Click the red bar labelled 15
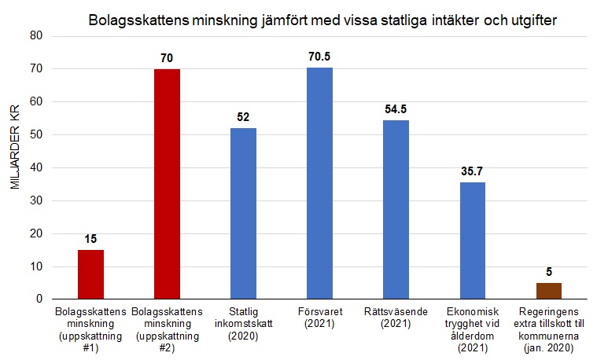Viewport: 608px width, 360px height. (90, 274)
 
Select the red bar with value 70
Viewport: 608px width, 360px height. (167, 184)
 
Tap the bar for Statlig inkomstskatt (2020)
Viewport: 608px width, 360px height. (243, 214)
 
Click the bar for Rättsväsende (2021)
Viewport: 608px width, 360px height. (396, 210)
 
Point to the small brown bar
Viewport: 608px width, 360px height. (549, 291)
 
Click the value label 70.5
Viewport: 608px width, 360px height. (319, 57)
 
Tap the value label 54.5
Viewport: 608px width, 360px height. (396, 109)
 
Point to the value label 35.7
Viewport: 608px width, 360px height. (473, 171)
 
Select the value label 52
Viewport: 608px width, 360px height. (243, 117)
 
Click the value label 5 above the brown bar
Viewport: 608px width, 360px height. (549, 272)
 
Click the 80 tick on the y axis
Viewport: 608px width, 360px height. (35, 36)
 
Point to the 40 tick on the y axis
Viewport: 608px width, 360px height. (35, 167)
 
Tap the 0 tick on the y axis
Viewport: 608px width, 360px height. (38, 299)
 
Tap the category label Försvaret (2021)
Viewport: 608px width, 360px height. (319, 318)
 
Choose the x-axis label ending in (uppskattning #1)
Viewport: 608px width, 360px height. (90, 329)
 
